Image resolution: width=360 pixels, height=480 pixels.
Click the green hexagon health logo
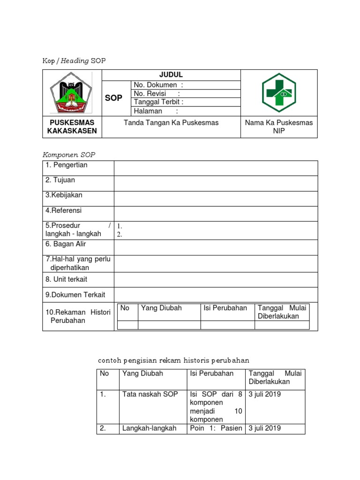279,93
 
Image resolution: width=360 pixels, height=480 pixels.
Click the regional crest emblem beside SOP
72,93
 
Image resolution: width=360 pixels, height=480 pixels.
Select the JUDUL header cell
171,75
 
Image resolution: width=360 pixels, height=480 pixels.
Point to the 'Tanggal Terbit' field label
158,102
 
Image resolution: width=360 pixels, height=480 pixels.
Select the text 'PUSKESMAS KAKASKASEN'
72,127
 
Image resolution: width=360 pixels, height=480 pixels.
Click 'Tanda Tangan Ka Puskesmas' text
171,123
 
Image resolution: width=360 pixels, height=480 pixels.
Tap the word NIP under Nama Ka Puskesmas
279,131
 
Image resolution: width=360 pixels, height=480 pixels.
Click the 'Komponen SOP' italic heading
69,155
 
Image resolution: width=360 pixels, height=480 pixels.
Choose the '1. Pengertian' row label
67,165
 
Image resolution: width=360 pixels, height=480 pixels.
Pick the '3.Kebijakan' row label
64,195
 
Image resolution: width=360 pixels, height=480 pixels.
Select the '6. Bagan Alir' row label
66,244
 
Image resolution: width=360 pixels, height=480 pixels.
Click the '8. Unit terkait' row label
67,279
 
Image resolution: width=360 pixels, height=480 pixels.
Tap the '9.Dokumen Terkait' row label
75,295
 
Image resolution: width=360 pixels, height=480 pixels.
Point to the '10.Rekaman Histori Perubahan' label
77,316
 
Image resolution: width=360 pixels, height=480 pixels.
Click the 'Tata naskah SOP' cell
150,394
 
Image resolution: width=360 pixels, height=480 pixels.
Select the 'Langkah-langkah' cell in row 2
149,428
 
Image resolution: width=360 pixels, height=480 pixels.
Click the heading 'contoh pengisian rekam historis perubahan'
173,360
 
